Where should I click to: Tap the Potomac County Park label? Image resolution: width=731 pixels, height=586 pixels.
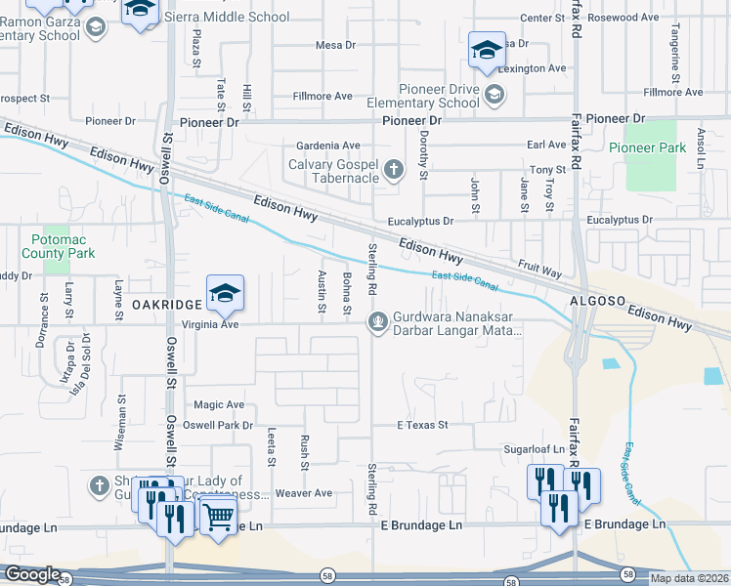61,244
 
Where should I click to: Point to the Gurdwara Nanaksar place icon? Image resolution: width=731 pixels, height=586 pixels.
377,321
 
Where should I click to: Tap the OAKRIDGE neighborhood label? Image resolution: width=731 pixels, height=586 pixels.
166,305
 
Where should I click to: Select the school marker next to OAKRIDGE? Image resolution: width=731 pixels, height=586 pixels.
225,293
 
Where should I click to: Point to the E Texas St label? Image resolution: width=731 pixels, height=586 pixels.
421,425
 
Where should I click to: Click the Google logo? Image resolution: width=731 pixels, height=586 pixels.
32,575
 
